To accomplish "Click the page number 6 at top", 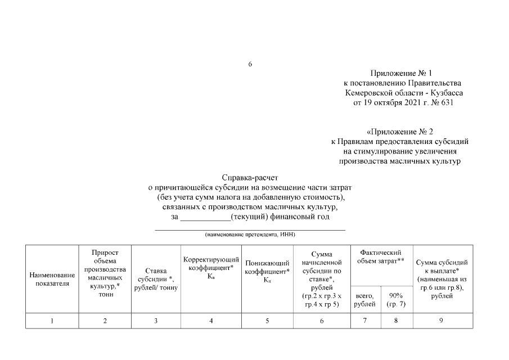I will point(250,64).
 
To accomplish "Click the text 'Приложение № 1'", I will point(402,74).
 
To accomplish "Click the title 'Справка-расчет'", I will point(250,178).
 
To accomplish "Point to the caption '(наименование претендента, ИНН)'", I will point(250,234).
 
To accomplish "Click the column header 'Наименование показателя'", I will point(52,279).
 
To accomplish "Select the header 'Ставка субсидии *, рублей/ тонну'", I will point(156,279).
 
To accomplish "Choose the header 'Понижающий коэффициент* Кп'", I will point(267,271).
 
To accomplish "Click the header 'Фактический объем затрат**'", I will point(382,258).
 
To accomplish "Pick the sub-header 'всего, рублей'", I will point(366,300).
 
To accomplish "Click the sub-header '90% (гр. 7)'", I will point(397,300).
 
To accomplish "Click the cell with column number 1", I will point(52,321).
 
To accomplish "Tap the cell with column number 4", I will point(211,321).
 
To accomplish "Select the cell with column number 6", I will point(322,321).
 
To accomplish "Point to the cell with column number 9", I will point(442,321).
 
